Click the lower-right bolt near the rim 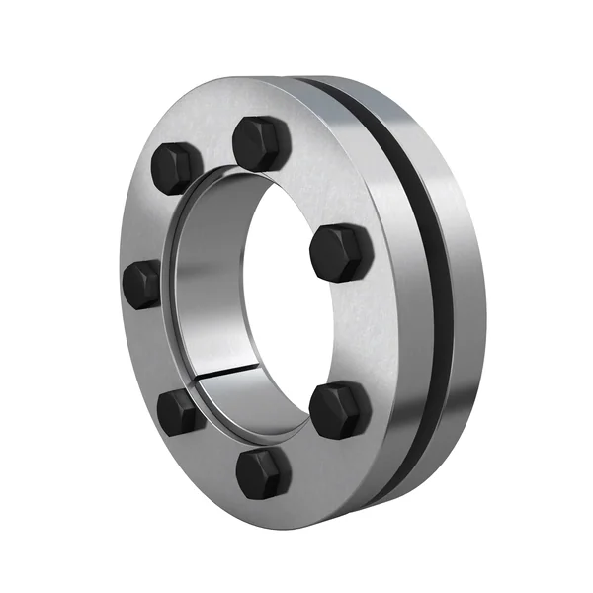(340, 408)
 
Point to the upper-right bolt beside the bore (341, 253)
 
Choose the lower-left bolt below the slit (180, 410)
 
